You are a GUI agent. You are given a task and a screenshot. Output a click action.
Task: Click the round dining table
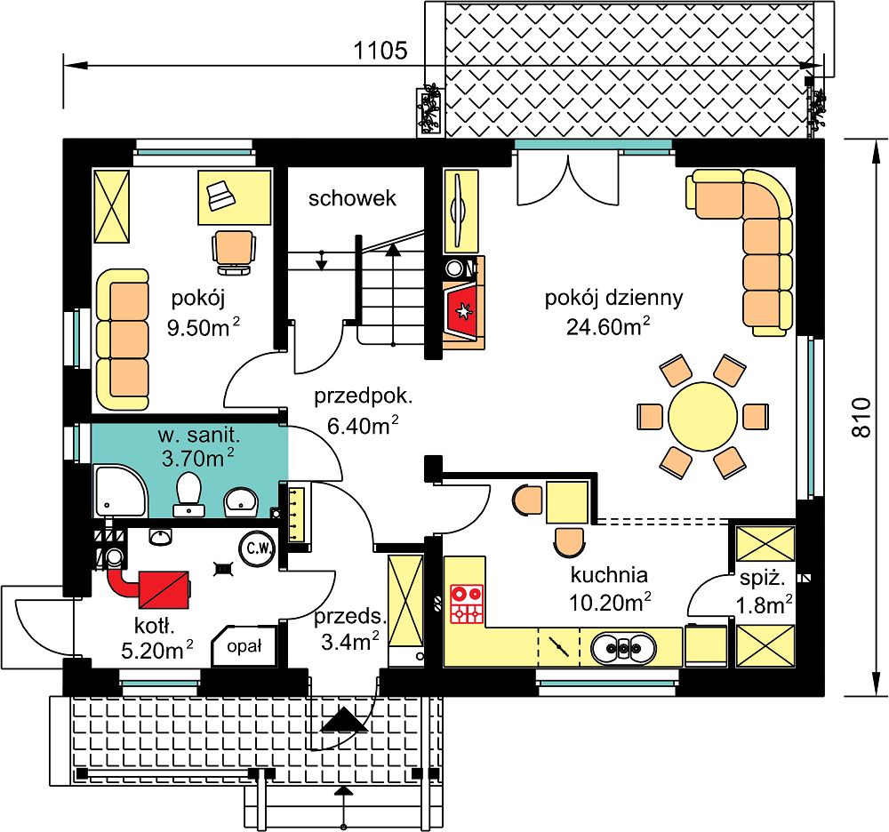point(702,417)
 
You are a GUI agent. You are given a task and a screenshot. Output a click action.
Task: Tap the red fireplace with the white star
point(464,311)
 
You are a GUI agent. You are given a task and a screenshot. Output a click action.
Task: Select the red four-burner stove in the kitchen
point(467,604)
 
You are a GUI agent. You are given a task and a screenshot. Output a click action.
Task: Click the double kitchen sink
point(623,647)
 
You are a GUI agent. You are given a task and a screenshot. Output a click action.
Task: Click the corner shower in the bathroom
point(120,491)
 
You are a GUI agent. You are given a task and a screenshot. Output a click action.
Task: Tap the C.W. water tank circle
point(259,548)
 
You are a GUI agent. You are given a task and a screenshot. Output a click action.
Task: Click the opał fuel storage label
point(244,646)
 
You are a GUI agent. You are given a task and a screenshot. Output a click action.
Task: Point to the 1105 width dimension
point(380,51)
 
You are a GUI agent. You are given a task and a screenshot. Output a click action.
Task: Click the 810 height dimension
point(861,417)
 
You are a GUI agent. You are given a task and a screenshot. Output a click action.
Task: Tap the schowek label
point(352,198)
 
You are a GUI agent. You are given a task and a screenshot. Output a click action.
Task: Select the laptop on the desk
point(220,196)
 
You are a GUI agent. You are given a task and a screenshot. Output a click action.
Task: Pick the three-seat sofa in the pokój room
point(123,340)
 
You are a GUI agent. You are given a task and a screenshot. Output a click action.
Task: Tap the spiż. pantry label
point(763,580)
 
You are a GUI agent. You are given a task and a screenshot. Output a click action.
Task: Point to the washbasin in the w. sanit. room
point(241,501)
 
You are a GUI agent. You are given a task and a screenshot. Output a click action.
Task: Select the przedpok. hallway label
point(364,396)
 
